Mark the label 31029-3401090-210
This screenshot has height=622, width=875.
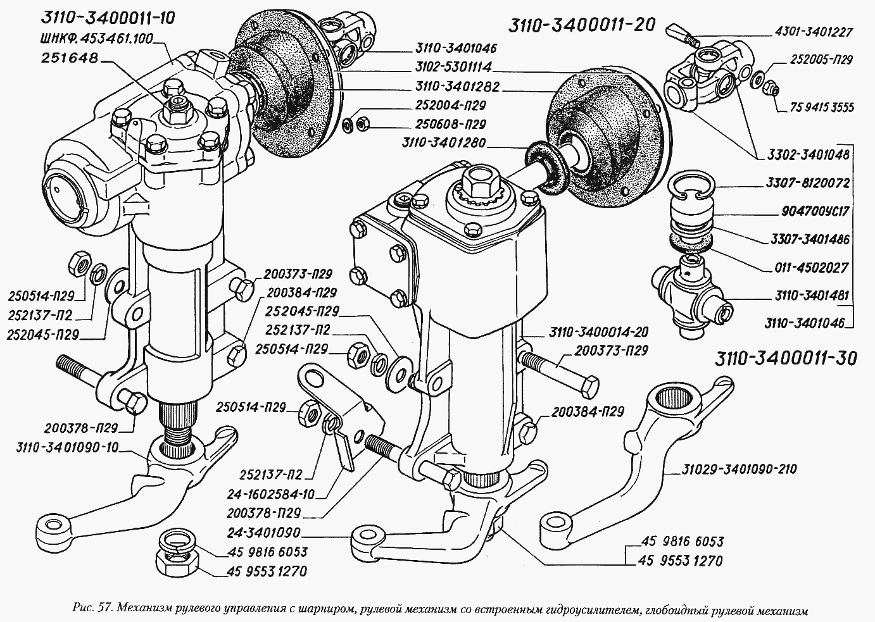click(739, 470)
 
